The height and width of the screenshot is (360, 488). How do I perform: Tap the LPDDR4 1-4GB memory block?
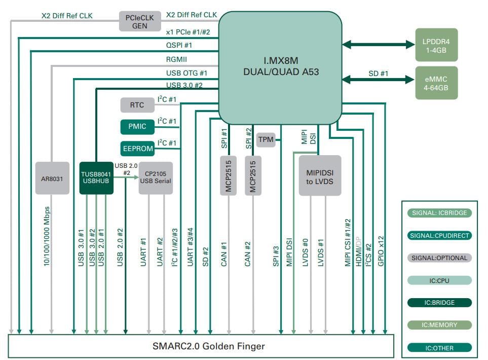coord(436,45)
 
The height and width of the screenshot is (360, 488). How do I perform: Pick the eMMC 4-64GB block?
coord(436,83)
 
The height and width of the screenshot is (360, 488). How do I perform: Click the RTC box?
coord(137,105)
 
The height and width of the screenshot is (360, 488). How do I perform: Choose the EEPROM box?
coord(137,149)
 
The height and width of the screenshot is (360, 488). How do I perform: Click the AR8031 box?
coord(52,178)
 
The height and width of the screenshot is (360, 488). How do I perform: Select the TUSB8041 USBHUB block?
coord(96,177)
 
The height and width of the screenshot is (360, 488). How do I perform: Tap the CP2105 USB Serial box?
coord(156,177)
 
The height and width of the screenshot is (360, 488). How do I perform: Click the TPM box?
coord(266,139)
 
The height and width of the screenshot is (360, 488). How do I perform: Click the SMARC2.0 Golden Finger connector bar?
coord(201,346)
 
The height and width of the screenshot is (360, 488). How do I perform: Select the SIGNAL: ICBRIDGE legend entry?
coord(439,213)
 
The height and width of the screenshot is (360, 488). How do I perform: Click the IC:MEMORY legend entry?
coord(439,325)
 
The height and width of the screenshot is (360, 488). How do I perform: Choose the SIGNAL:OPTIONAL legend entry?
coord(439,258)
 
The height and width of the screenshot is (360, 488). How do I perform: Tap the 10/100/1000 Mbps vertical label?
coord(47,236)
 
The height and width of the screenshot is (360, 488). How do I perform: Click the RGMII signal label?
coord(177,60)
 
